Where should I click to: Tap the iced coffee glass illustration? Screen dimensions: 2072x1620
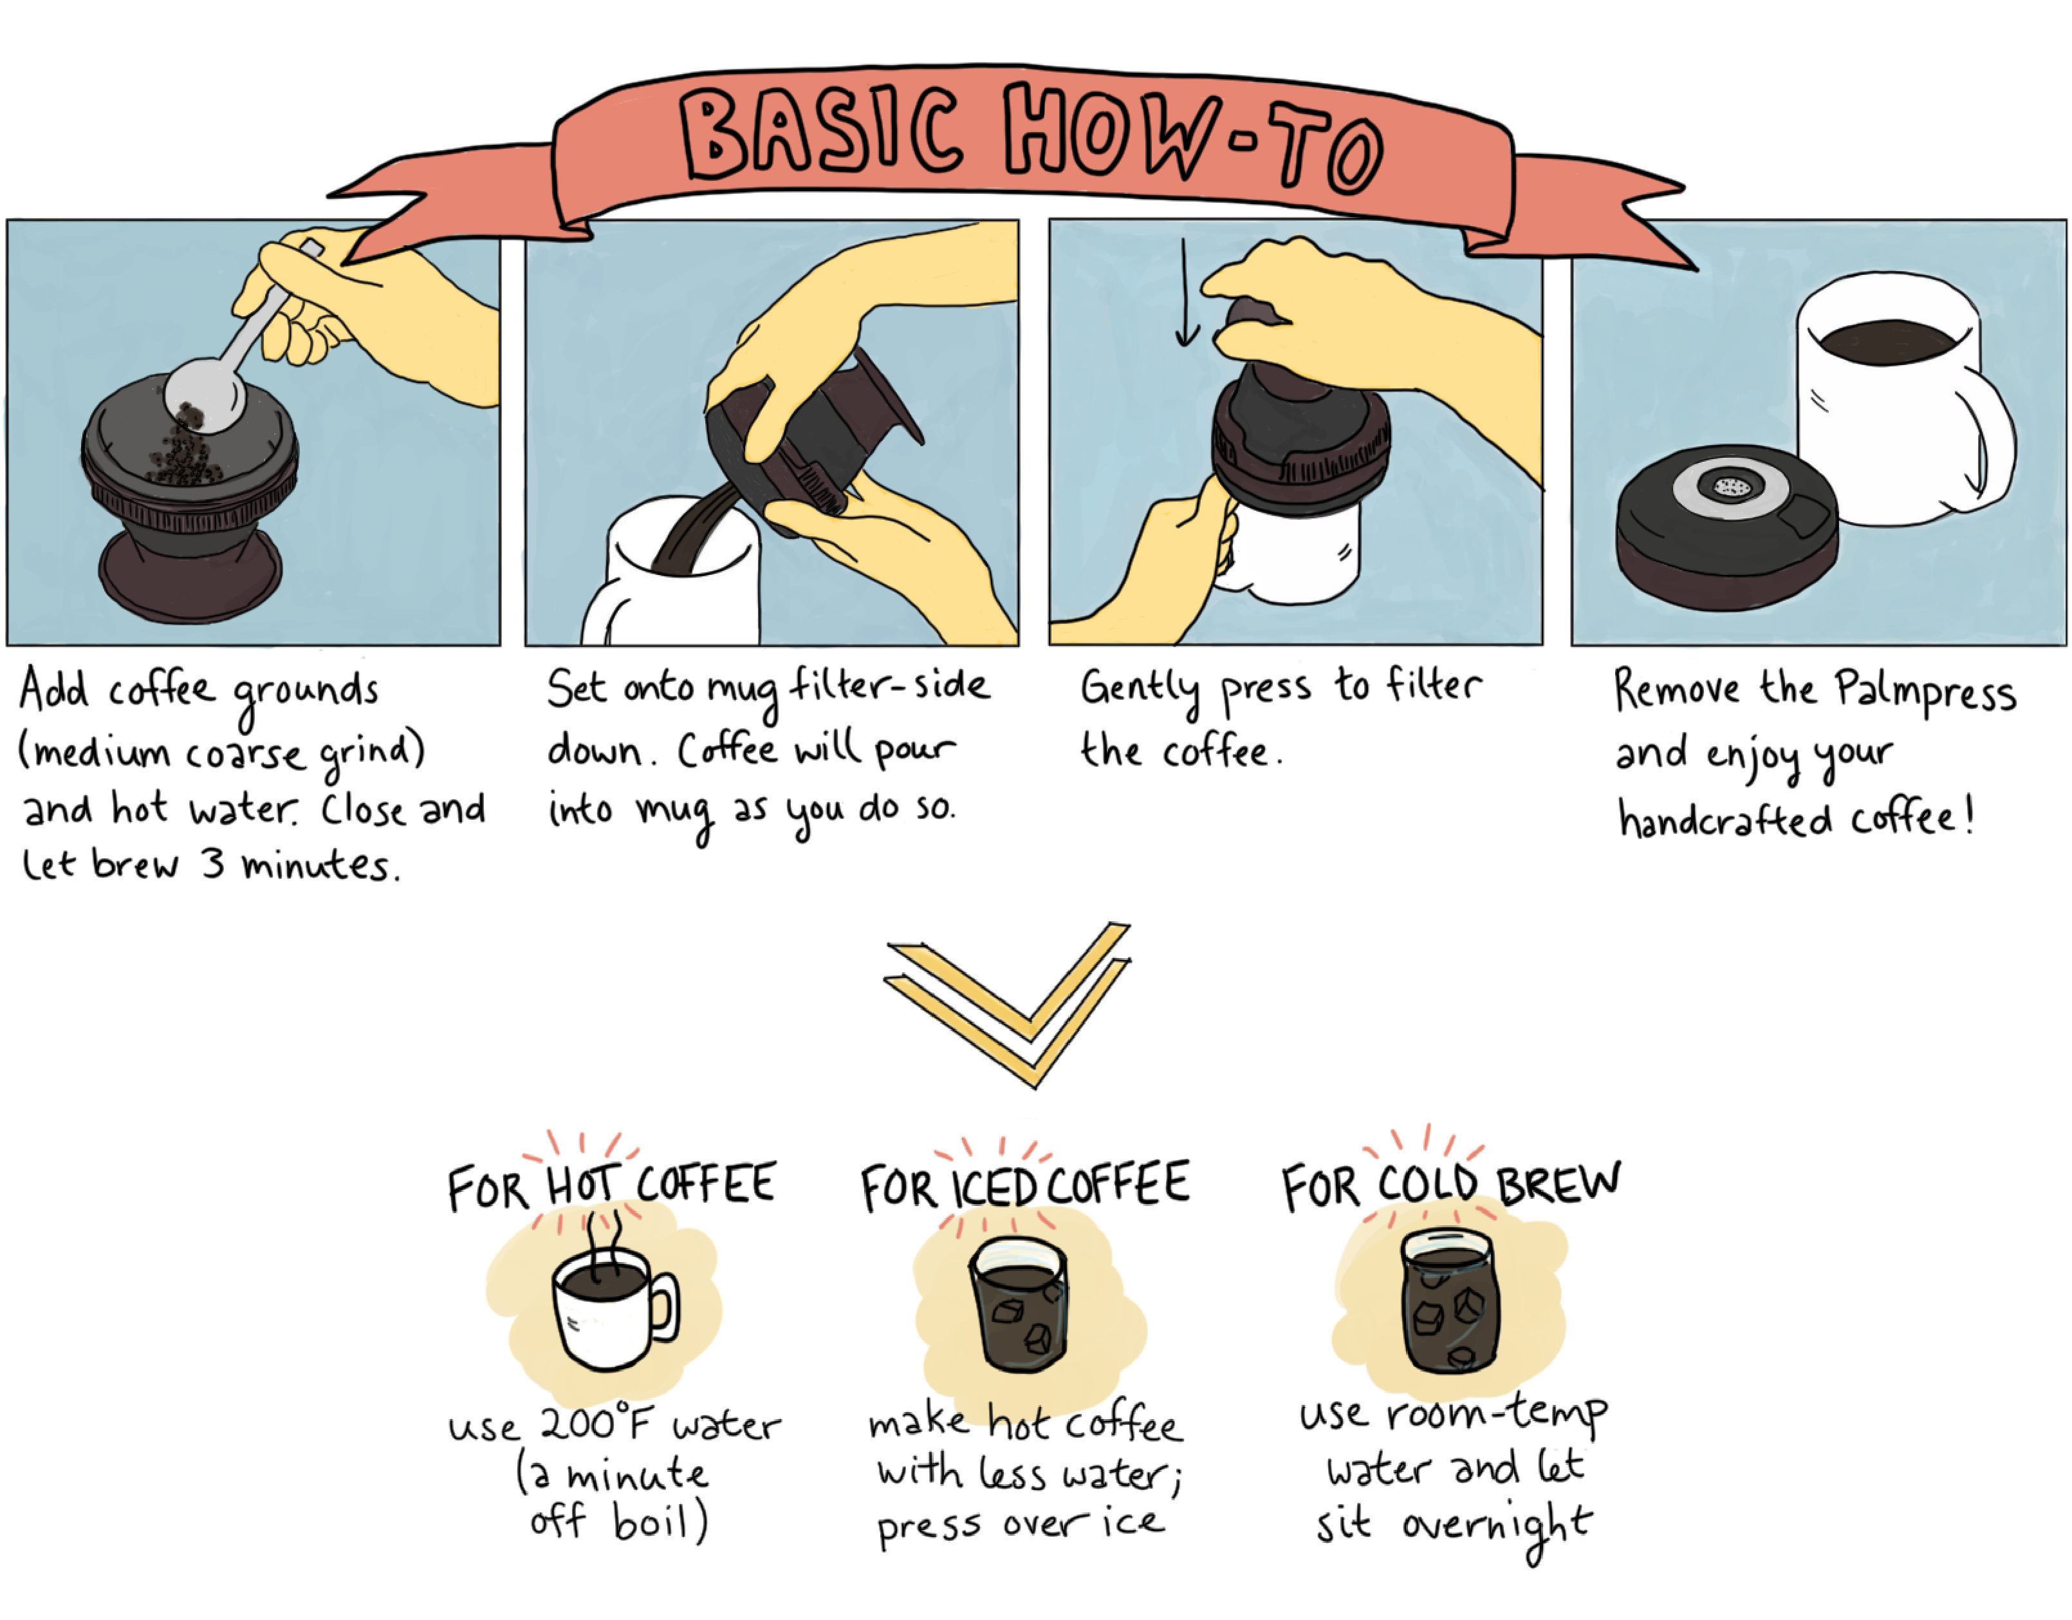point(1019,1306)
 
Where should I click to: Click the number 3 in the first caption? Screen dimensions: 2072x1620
point(214,863)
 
